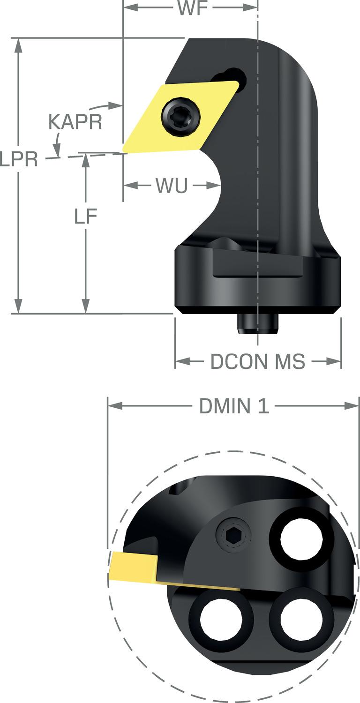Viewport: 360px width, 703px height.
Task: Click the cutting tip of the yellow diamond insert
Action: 123,153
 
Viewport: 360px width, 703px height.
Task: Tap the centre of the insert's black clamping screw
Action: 180,116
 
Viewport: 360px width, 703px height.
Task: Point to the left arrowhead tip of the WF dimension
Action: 123,7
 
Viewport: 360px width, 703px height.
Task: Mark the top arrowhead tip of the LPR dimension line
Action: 19,38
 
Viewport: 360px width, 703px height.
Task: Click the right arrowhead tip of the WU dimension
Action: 220,186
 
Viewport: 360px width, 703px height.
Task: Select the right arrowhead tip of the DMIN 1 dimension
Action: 359,406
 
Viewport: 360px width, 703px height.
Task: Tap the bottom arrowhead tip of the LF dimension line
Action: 86,313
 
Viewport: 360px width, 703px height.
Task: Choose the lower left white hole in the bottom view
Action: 221,619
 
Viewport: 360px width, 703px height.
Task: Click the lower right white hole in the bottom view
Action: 301,619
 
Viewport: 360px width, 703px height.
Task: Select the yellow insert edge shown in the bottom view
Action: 133,567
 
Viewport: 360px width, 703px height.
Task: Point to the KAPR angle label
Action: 75,122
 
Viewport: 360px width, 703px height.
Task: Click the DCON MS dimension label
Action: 258,361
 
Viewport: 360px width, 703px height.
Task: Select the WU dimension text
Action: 172,186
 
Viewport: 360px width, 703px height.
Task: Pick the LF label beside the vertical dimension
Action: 86,216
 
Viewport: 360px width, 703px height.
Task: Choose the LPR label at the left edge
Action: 19,159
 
